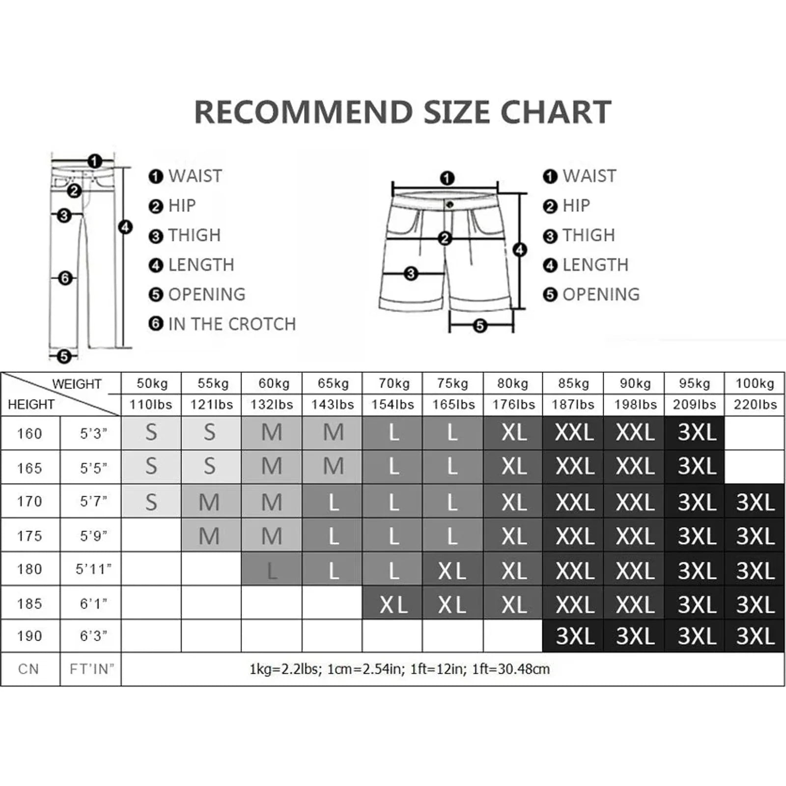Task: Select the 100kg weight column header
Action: pyautogui.click(x=755, y=384)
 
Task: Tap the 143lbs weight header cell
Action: pyautogui.click(x=333, y=405)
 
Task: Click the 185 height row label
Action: pyautogui.click(x=29, y=603)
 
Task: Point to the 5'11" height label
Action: pyautogui.click(x=93, y=569)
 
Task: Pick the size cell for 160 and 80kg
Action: pyautogui.click(x=513, y=433)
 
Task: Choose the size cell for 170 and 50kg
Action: pyautogui.click(x=151, y=502)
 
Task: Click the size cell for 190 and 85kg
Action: pyautogui.click(x=574, y=636)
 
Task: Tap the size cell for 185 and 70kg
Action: pyautogui.click(x=393, y=604)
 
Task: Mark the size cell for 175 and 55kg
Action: pyautogui.click(x=211, y=536)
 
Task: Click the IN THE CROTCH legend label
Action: pyautogui.click(x=232, y=324)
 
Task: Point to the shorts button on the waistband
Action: pyautogui.click(x=449, y=204)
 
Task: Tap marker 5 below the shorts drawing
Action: pyautogui.click(x=480, y=325)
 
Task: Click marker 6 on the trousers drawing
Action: pyautogui.click(x=65, y=278)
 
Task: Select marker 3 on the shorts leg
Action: pyautogui.click(x=411, y=274)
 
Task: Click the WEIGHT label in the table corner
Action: pyautogui.click(x=77, y=384)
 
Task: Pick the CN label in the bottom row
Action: pyautogui.click(x=28, y=669)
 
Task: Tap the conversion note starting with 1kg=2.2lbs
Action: pyautogui.click(x=399, y=669)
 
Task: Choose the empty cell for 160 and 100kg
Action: pyautogui.click(x=755, y=433)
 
